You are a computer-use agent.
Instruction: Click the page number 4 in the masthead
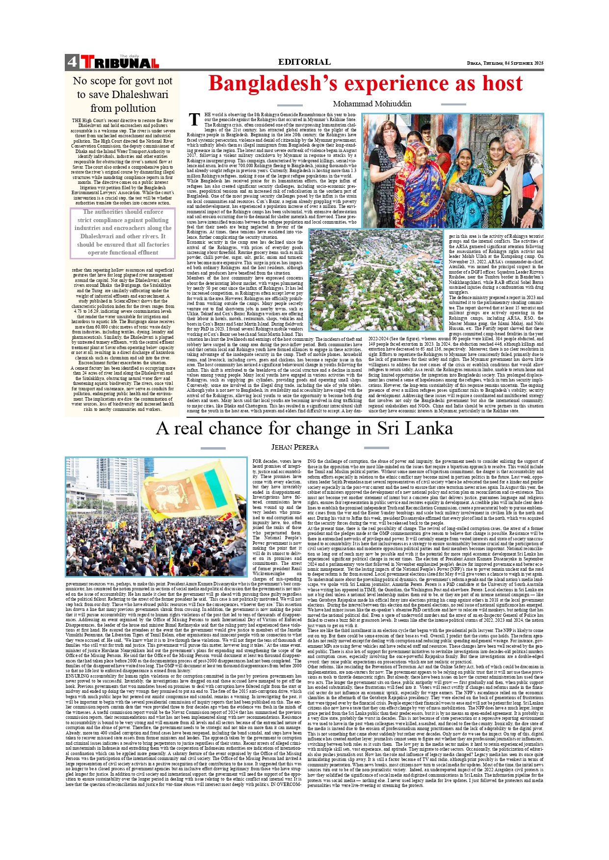(x=72, y=62)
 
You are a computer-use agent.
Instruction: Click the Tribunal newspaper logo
(x=120, y=62)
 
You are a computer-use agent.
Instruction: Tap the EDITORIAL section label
(x=304, y=62)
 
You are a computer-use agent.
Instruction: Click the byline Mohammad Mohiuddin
(x=372, y=104)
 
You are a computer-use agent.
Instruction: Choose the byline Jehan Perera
(x=295, y=447)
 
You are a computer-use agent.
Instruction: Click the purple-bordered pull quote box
(x=123, y=233)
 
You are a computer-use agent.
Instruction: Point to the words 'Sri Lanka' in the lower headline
(x=415, y=429)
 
